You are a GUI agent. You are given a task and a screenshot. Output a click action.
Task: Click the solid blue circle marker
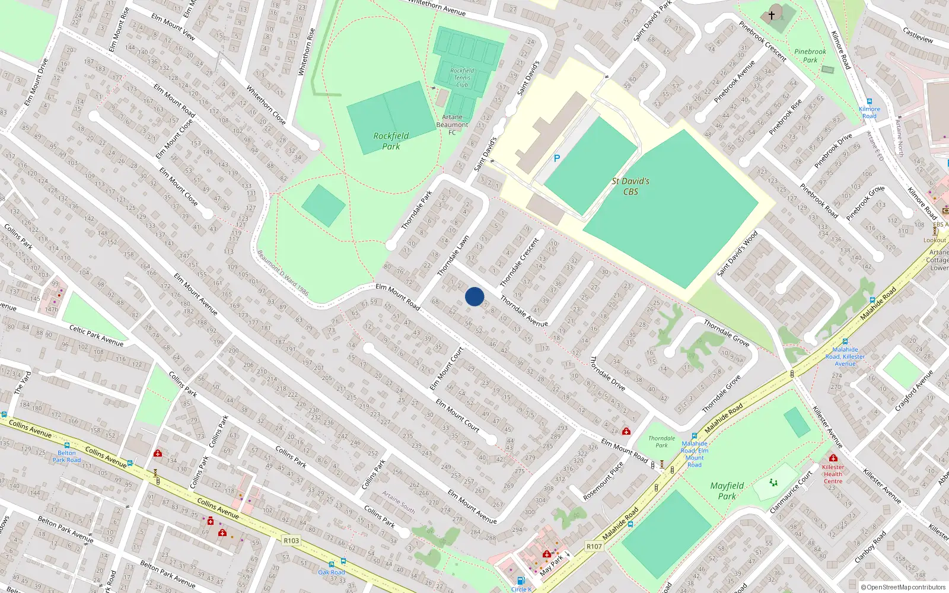(x=474, y=296)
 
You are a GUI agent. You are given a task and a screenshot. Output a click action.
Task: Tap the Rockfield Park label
(x=391, y=141)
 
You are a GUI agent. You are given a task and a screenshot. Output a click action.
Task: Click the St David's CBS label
(x=630, y=186)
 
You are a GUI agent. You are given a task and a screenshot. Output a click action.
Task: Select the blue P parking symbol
(x=556, y=158)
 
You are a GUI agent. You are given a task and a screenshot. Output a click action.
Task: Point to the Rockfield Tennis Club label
(x=462, y=78)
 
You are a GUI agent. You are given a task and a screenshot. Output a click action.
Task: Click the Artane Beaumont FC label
(x=452, y=125)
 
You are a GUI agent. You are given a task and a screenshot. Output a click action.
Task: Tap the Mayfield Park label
(x=727, y=491)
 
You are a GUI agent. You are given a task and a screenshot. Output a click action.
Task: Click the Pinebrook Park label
(x=810, y=56)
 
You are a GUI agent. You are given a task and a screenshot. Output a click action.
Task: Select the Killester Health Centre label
(x=833, y=474)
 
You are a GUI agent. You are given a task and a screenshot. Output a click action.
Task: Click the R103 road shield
(x=291, y=540)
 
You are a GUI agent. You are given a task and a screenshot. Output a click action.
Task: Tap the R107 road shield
(x=594, y=546)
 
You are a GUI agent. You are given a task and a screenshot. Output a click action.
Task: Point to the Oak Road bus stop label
(x=331, y=572)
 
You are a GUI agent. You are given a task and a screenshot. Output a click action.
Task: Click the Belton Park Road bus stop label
(x=66, y=456)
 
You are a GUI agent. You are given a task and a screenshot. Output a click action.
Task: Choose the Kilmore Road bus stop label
(x=870, y=112)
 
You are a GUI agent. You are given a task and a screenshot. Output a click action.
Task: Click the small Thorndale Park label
(x=661, y=442)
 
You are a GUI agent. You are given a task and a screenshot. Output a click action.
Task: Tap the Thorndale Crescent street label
(x=520, y=262)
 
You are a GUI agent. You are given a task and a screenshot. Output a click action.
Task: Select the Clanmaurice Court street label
(x=791, y=492)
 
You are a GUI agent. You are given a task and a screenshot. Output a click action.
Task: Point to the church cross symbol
(x=772, y=15)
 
